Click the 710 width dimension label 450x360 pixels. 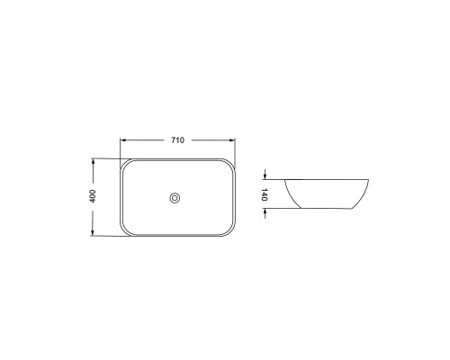coord(177,140)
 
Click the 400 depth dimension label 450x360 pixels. coord(93,196)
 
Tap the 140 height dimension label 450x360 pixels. coord(264,194)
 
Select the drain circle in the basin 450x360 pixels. coord(175,198)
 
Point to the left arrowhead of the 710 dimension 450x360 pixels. coord(122,140)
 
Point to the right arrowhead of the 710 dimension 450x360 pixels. coord(232,140)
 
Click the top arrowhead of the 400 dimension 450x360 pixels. coord(93,161)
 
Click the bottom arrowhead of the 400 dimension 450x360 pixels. coord(93,233)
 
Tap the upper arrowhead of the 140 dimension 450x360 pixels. coord(265,176)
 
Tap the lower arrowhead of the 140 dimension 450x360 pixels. coord(265,211)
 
